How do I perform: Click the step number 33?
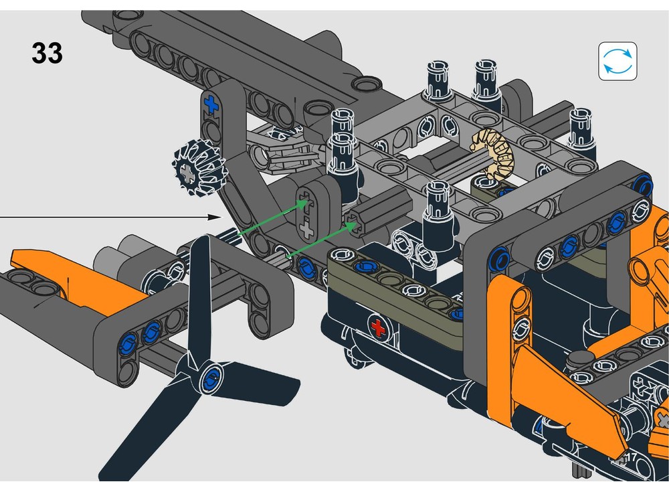point(47,54)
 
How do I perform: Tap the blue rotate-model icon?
point(617,61)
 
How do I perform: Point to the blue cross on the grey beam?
point(212,104)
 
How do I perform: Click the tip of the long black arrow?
point(219,217)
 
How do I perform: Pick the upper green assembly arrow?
point(268,216)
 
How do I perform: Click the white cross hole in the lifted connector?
point(307,231)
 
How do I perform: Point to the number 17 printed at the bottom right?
point(628,457)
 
